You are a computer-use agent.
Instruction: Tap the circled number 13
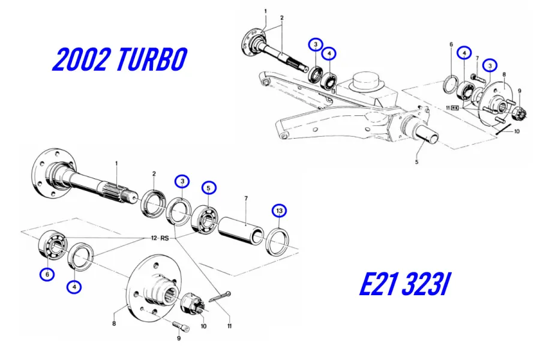tap(278, 211)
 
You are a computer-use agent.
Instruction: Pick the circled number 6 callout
tap(46, 275)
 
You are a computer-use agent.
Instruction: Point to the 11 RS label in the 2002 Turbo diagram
tap(451, 108)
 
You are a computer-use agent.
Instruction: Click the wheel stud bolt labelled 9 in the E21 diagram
tap(180, 327)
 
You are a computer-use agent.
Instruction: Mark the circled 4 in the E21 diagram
tap(74, 287)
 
